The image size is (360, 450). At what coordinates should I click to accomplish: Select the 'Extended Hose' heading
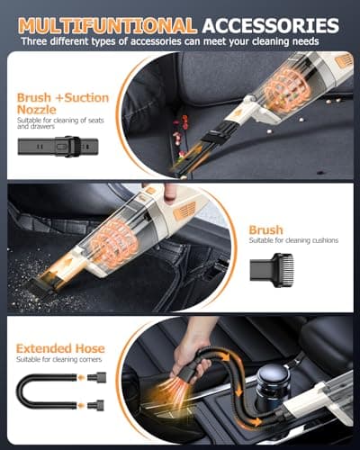tap(60, 347)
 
